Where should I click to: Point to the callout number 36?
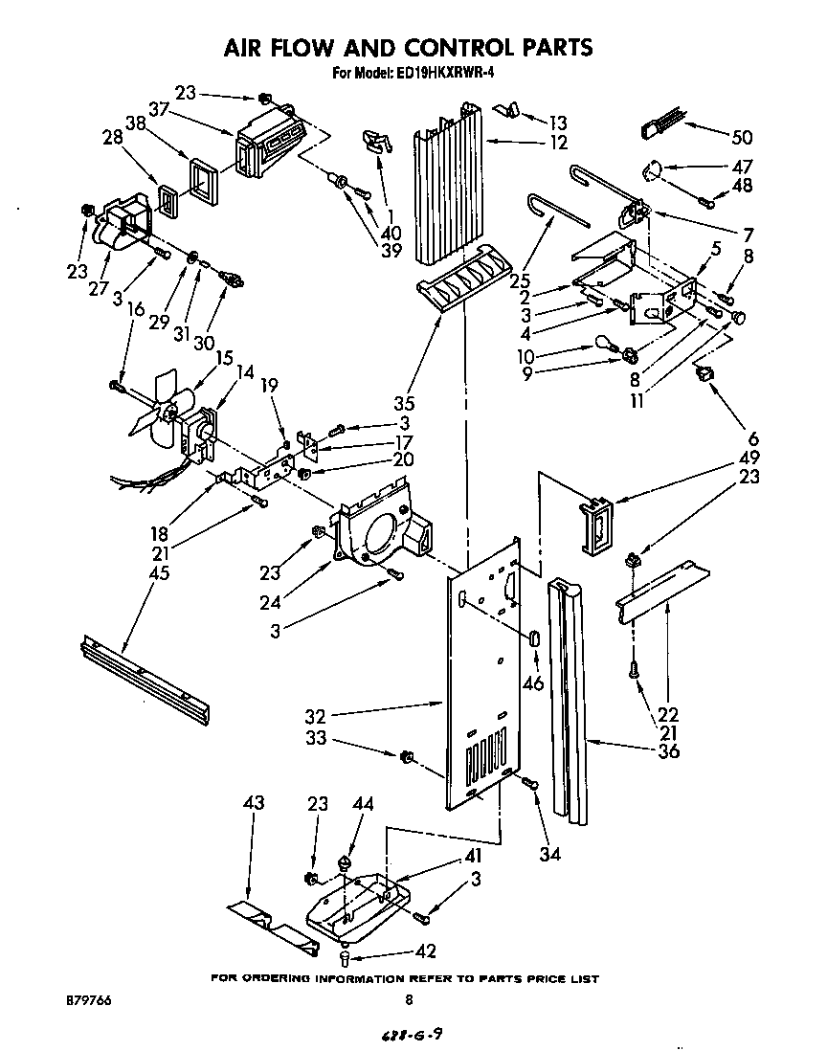[668, 751]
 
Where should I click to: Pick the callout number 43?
[253, 804]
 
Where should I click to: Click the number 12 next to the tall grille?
[558, 144]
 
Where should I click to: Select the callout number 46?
[533, 683]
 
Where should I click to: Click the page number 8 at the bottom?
[410, 1001]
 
